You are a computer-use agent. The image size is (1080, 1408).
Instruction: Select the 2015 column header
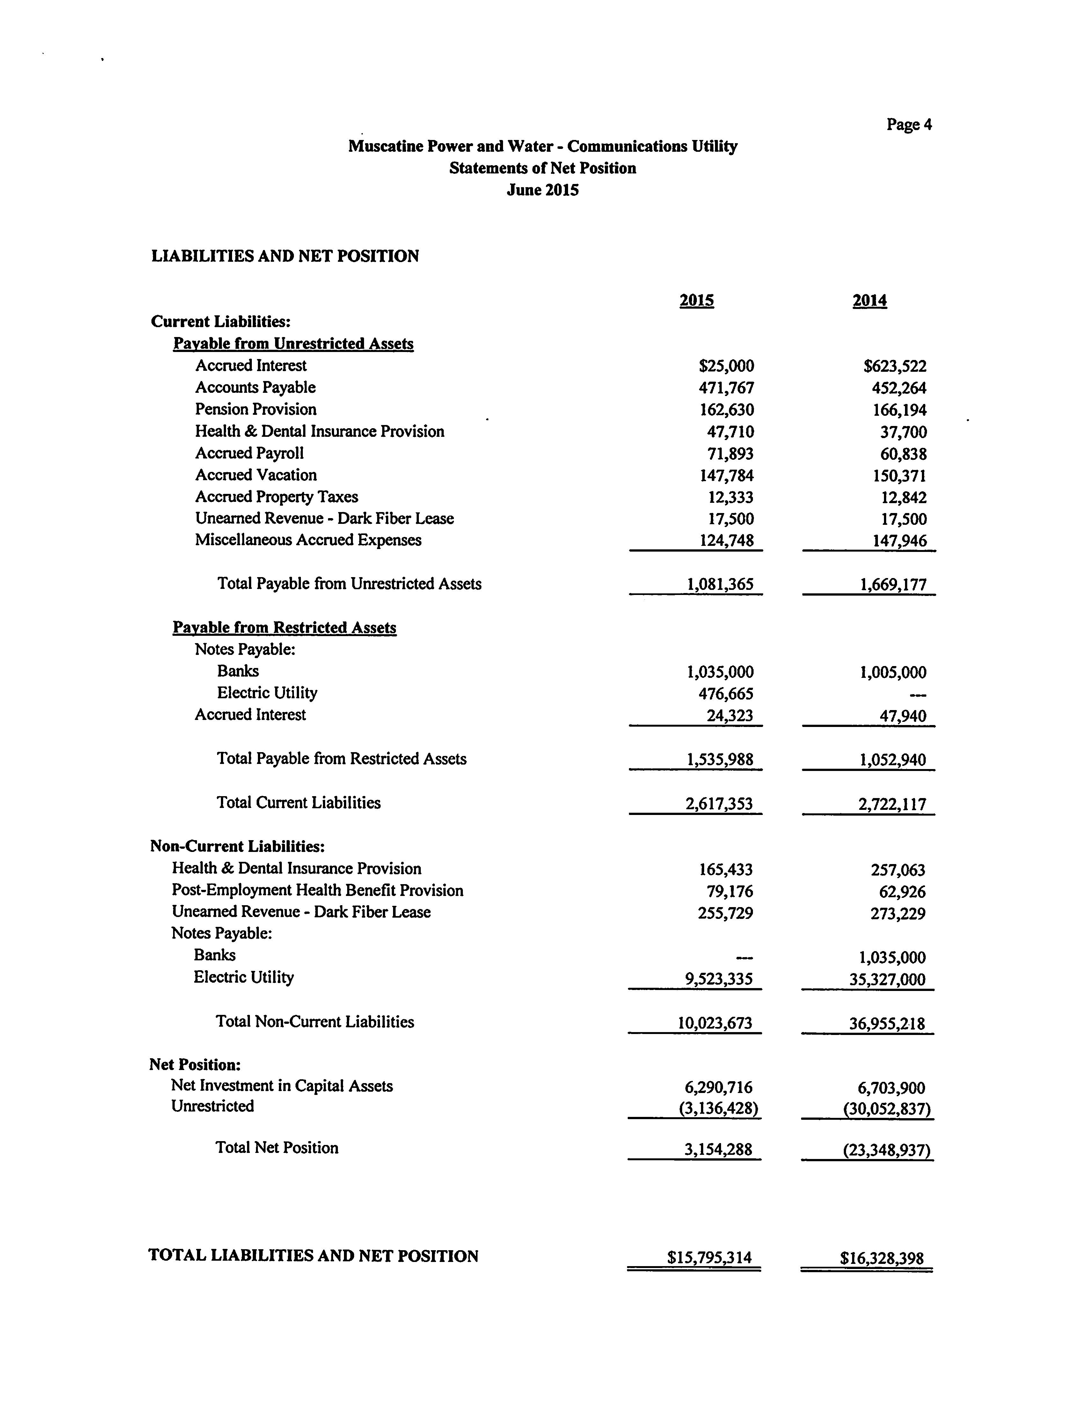(696, 301)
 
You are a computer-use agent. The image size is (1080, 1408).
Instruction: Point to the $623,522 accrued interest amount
(895, 366)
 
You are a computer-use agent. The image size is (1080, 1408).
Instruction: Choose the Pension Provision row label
(256, 409)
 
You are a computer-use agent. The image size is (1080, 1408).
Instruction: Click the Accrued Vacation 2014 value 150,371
(899, 476)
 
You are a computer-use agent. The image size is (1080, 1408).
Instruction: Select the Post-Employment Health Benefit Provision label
(317, 891)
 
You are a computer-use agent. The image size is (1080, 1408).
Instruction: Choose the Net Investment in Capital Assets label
(281, 1086)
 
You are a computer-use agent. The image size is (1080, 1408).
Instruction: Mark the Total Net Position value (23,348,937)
(887, 1149)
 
